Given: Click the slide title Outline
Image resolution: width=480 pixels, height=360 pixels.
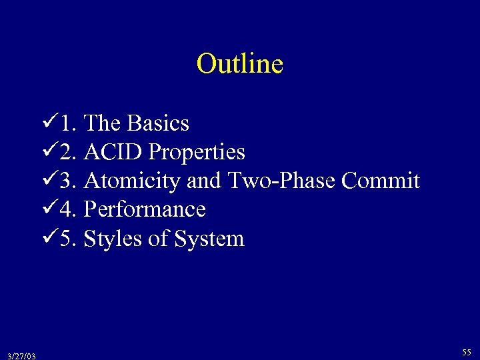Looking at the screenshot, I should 240,64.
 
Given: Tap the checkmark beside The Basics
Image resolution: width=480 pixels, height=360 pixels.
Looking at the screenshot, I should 47,122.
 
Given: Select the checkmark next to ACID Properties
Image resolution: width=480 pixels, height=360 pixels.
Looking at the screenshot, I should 47,151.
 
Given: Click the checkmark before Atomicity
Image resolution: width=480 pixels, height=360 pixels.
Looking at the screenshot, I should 47,180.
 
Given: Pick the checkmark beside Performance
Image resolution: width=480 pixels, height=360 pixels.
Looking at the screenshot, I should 47,209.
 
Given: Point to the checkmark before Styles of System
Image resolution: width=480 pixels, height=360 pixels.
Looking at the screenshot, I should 47,238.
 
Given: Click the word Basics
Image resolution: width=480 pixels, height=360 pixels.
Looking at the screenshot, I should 158,123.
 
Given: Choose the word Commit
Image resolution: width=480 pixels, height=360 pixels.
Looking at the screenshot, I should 381,181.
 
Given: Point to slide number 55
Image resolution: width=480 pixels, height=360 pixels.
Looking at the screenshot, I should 466,351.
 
